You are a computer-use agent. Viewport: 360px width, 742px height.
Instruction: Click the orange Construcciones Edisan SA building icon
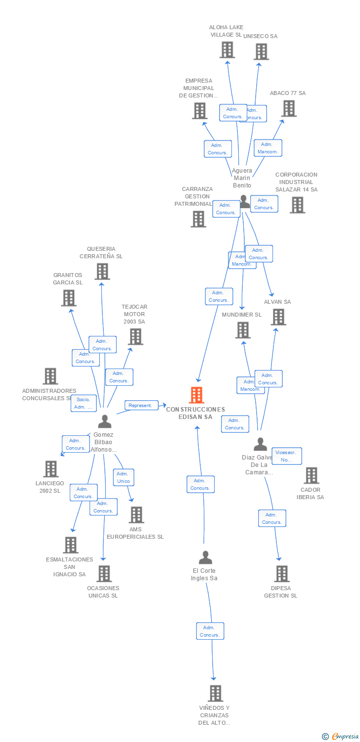[197, 395]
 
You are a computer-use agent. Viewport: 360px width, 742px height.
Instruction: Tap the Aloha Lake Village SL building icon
[227, 50]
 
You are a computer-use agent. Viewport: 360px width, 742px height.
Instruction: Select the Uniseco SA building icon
[261, 51]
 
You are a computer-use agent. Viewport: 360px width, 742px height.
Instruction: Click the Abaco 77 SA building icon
[289, 108]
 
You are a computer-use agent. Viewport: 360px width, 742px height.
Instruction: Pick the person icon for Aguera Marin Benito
[244, 201]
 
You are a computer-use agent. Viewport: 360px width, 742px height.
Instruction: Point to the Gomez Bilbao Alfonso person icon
[104, 421]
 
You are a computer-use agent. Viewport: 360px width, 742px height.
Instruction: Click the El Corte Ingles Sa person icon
[205, 557]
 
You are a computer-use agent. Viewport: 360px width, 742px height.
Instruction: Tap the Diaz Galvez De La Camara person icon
[260, 444]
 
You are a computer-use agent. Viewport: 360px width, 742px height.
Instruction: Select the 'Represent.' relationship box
[141, 406]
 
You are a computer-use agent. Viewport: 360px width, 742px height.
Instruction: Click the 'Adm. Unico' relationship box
[123, 477]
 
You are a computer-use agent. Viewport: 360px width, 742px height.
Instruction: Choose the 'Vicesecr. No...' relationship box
[287, 456]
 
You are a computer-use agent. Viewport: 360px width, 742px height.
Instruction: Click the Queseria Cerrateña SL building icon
[102, 271]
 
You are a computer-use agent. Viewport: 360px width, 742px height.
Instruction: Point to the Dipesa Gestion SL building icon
[281, 574]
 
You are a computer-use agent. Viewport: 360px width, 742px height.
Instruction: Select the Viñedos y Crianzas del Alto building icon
[215, 693]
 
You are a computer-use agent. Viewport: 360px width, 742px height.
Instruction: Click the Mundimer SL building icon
[243, 330]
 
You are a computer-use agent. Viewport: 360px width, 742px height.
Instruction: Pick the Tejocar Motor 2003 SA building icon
[135, 336]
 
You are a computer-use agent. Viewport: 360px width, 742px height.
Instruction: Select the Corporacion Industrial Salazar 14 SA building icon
[297, 205]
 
